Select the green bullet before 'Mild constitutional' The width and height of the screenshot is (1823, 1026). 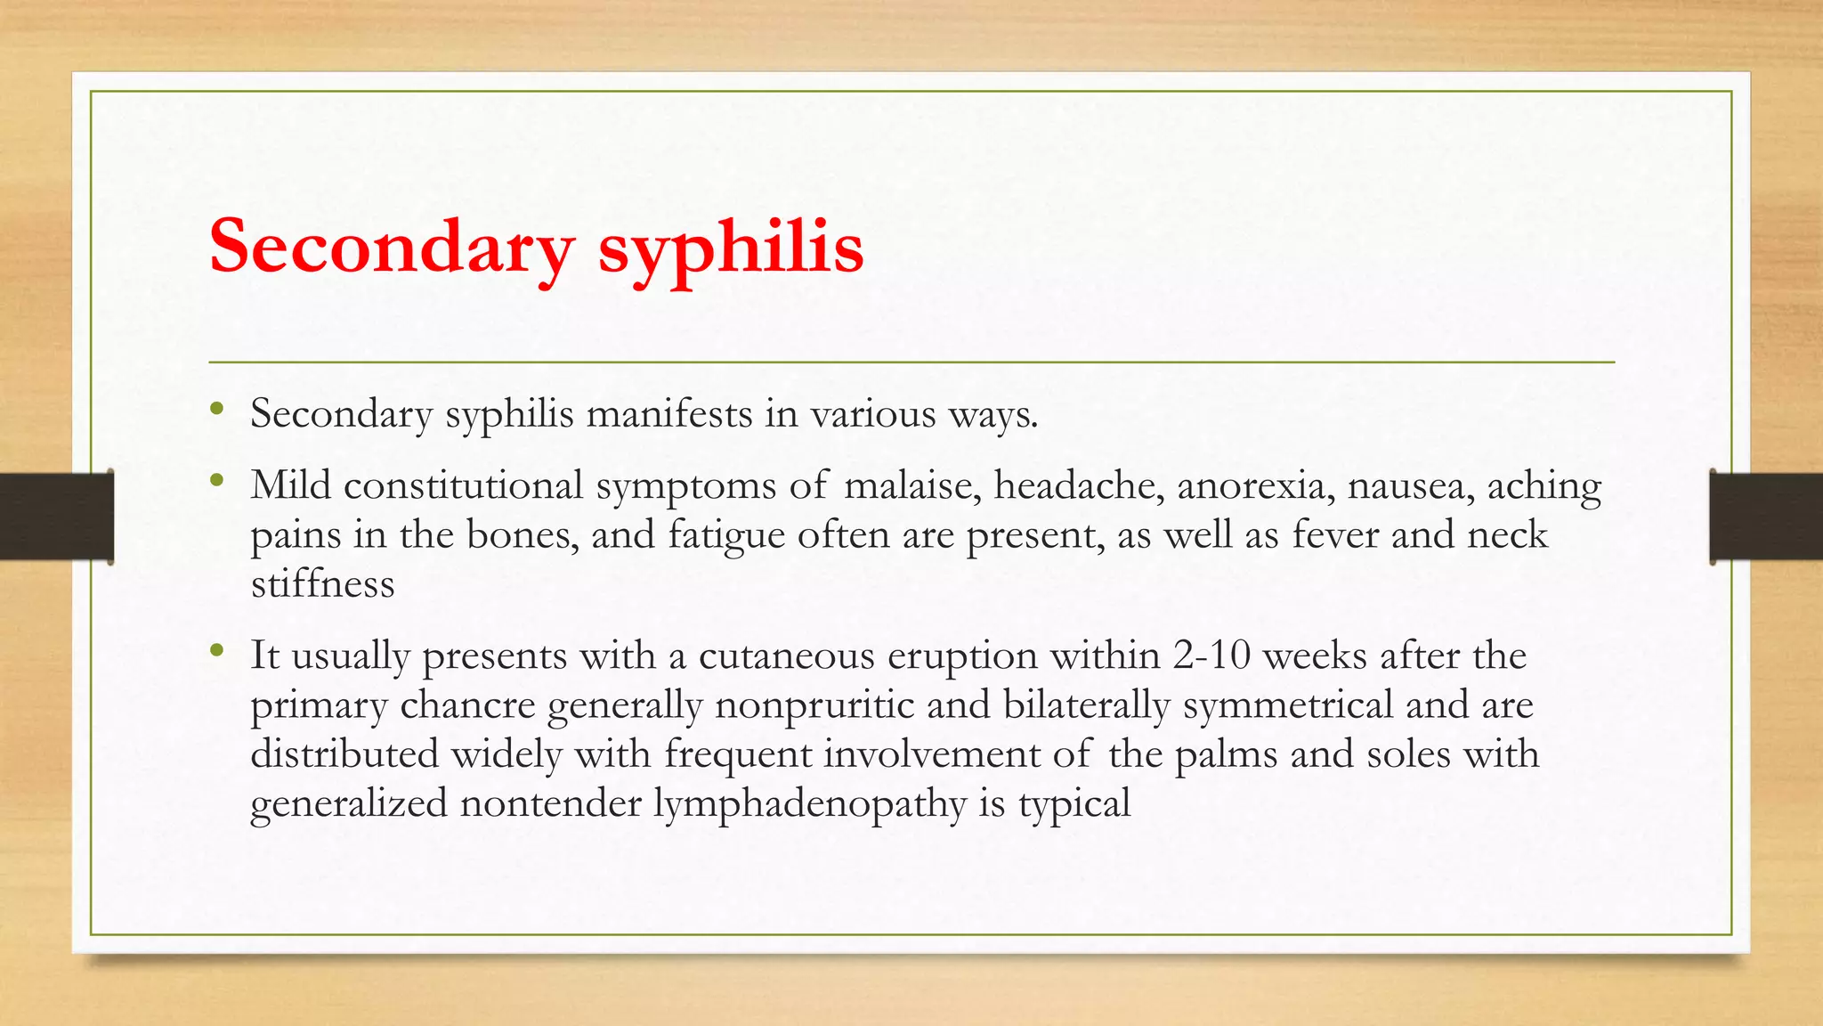pyautogui.click(x=216, y=482)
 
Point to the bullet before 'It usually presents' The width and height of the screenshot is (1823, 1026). pyautogui.click(x=216, y=652)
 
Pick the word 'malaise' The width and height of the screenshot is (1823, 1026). pyautogui.click(x=911, y=486)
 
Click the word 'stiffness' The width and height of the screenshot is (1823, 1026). pyautogui.click(x=322, y=585)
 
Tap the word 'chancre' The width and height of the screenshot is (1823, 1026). pyautogui.click(x=467, y=706)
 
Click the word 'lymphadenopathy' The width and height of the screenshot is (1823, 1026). pyautogui.click(x=809, y=805)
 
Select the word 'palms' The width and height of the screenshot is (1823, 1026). pyautogui.click(x=1226, y=755)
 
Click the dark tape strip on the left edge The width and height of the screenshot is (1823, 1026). pyautogui.click(x=56, y=517)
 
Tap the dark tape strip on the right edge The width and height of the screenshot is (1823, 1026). pyautogui.click(x=1766, y=517)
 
